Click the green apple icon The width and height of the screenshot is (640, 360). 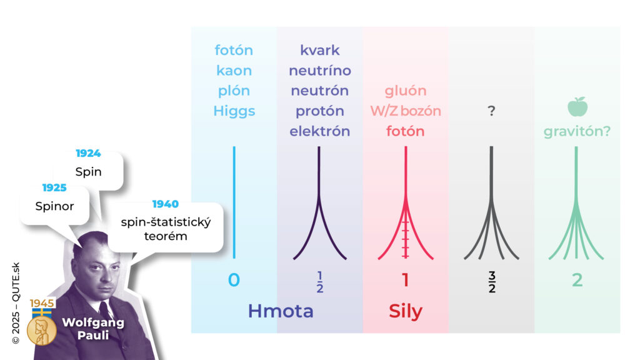(x=577, y=107)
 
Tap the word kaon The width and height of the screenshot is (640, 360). (x=234, y=70)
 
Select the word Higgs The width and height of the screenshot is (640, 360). (x=234, y=111)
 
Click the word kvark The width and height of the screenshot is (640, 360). (x=319, y=50)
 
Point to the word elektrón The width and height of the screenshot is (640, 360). (x=319, y=131)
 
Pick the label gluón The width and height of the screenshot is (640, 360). (x=405, y=91)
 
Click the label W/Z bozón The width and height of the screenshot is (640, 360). (x=405, y=111)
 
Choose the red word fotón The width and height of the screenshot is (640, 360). (x=405, y=131)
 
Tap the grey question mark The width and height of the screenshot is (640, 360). (x=491, y=111)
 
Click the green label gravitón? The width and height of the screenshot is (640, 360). (x=577, y=131)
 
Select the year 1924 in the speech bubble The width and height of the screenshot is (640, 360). (x=88, y=154)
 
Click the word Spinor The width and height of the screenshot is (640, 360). (x=54, y=206)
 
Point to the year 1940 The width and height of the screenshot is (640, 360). (x=165, y=204)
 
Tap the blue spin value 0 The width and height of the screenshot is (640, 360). (x=234, y=280)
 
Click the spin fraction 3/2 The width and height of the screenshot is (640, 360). (x=491, y=281)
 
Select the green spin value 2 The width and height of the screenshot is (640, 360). (x=577, y=280)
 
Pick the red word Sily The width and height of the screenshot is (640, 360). (x=405, y=311)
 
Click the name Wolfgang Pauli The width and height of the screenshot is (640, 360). (x=92, y=328)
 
